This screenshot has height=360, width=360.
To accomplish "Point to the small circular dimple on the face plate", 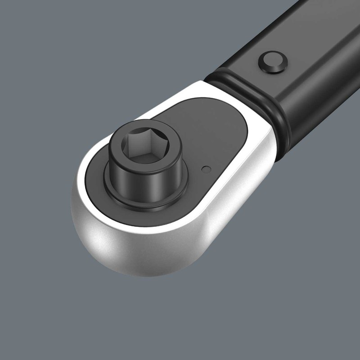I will point(206,169).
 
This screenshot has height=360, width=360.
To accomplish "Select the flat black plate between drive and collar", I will point(216,135).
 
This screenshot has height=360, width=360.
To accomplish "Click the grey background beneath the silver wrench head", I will point(180,315).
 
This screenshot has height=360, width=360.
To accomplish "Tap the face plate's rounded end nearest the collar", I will point(238,117).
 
